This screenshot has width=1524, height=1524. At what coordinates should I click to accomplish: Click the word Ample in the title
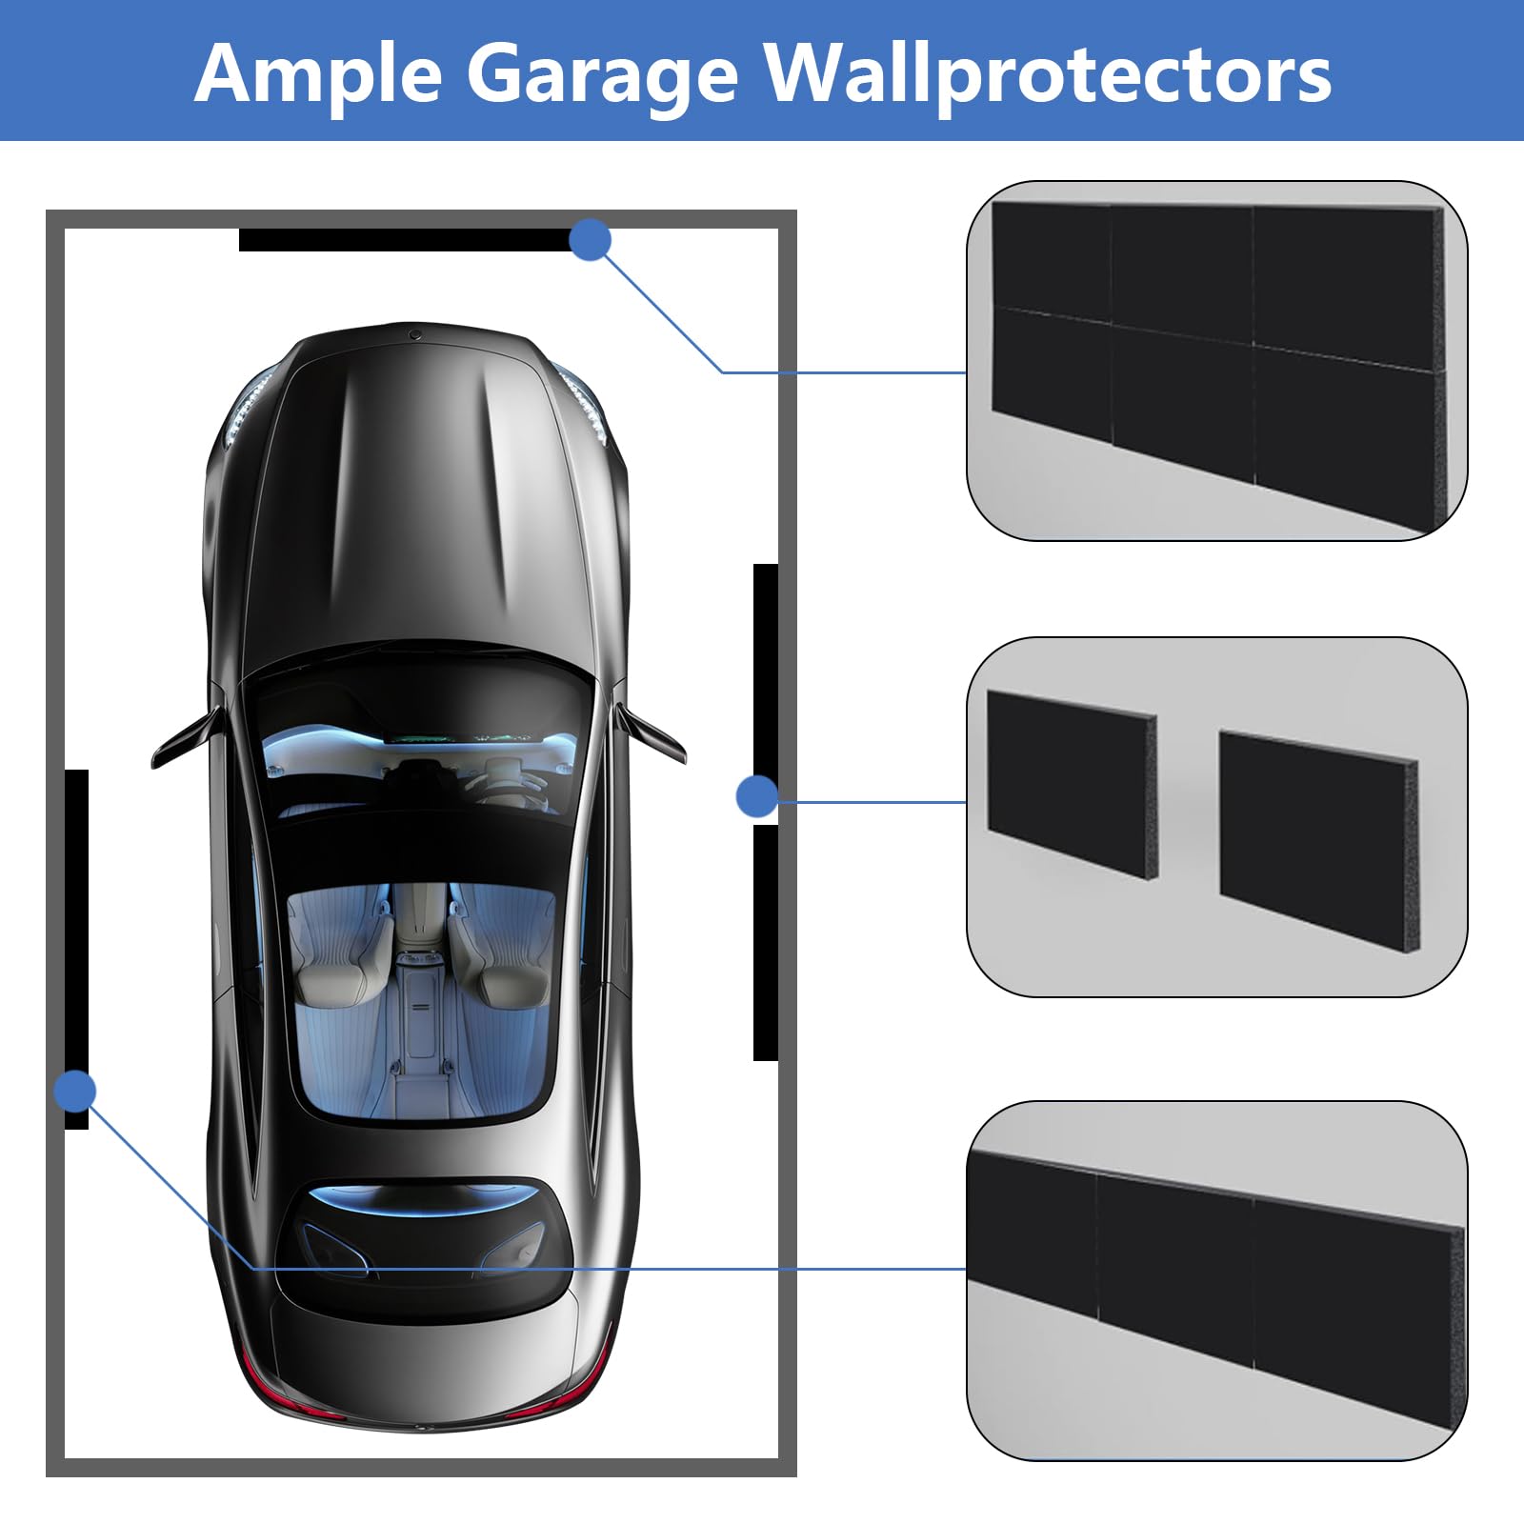[318, 74]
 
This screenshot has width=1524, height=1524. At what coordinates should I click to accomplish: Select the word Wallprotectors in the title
[1049, 74]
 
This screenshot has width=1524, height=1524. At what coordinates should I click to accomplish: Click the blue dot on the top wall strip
[590, 239]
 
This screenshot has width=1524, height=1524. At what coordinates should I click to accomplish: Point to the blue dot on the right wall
[757, 795]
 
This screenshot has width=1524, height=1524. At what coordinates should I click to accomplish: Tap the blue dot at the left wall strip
[75, 1091]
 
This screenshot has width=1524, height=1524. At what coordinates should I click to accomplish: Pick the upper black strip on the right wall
[766, 667]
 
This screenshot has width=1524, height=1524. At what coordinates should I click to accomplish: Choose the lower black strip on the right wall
[766, 943]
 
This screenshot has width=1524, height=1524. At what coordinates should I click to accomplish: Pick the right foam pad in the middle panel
[1319, 838]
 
